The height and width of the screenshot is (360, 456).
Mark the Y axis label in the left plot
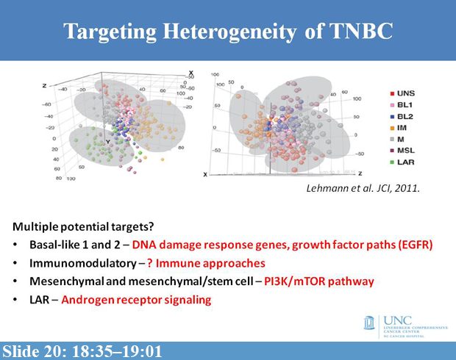[x=108, y=139]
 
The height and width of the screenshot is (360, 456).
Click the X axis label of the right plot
[x=206, y=174]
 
